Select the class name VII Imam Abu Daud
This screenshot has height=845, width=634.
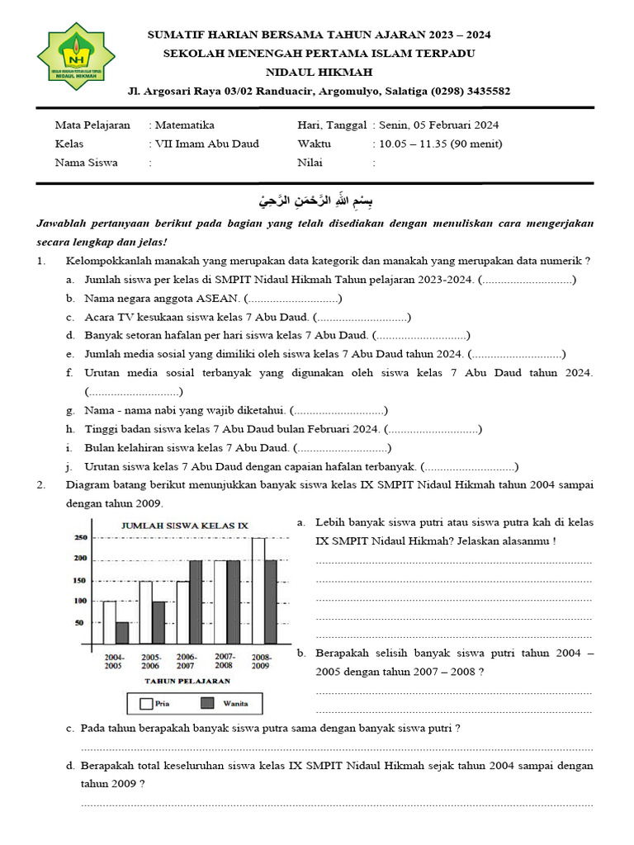click(206, 144)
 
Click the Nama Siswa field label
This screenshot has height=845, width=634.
click(86, 163)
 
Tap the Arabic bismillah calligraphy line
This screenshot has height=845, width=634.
click(316, 201)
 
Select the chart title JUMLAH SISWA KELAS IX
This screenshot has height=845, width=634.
click(185, 526)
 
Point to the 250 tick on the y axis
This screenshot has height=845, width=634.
click(80, 538)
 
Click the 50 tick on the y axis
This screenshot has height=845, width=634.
click(80, 623)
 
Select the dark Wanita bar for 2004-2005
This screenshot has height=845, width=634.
click(122, 633)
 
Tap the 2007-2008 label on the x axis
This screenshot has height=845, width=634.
click(225, 661)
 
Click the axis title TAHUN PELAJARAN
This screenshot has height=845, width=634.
click(187, 681)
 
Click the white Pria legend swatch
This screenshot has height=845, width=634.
click(148, 704)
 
